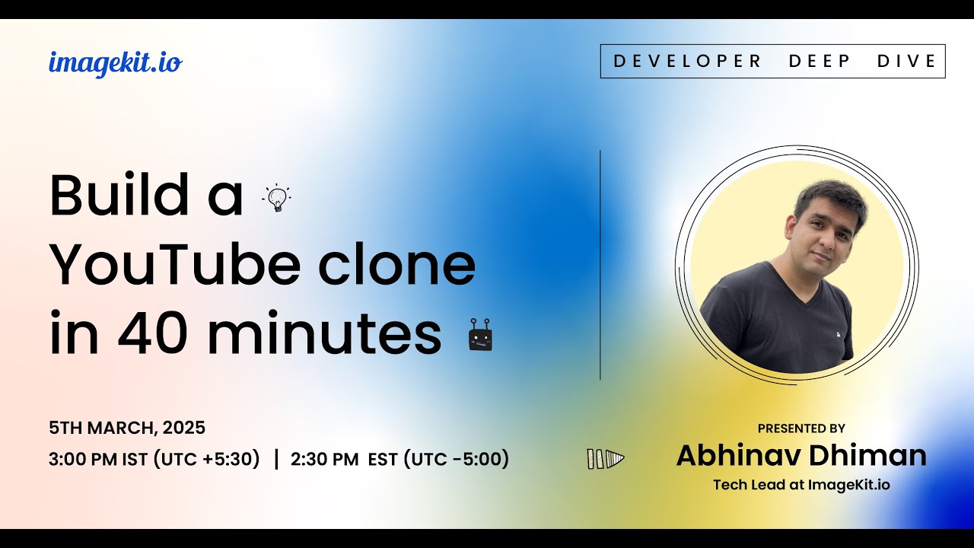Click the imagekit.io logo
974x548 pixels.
(115, 62)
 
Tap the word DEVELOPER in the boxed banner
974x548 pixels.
(687, 62)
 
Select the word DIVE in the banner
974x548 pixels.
(907, 62)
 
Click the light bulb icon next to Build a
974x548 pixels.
(277, 198)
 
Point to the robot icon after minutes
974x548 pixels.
(480, 336)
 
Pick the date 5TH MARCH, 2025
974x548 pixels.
(127, 428)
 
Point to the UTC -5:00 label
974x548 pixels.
(456, 459)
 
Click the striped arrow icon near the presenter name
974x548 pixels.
(605, 458)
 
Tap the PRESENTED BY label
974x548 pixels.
(801, 429)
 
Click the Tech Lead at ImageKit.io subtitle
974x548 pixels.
(801, 485)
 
